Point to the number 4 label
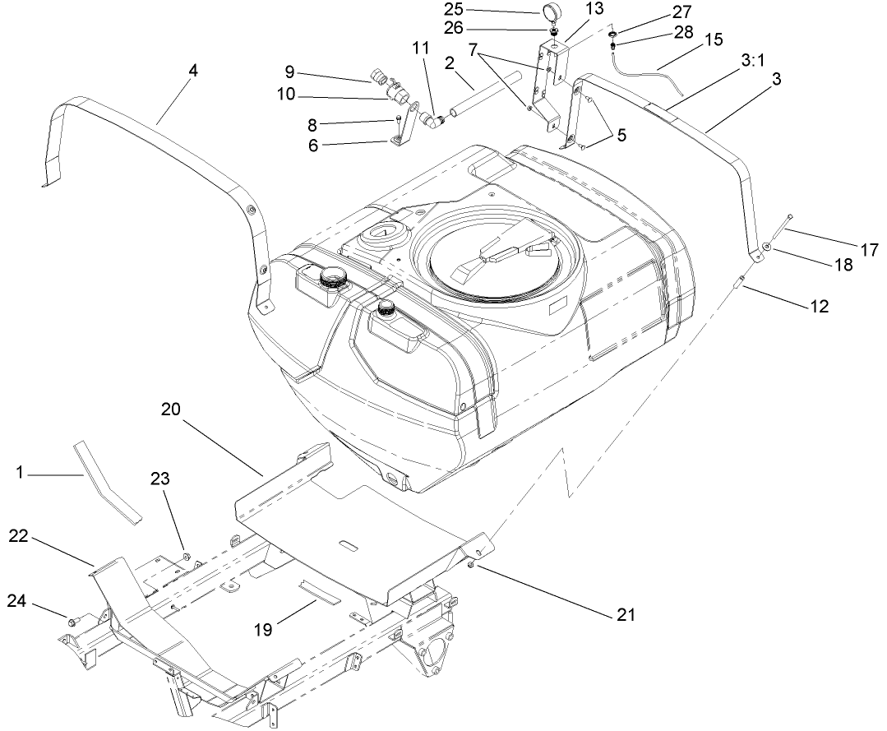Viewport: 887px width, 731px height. [192, 71]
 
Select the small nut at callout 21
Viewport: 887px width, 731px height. [471, 566]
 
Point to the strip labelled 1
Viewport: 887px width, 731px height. [106, 481]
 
